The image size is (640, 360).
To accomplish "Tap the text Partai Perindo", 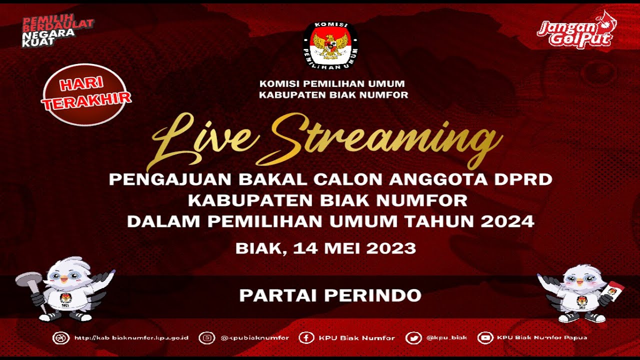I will coord(330,295).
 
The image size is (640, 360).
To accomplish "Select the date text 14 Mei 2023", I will coord(354,248).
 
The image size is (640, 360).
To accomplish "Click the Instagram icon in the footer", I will coord(206,338).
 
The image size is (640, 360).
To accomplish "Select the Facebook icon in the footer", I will coord(306,338).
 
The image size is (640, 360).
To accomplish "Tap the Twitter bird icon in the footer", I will coord(413,338).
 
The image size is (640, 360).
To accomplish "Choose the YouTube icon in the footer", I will coord(485,338).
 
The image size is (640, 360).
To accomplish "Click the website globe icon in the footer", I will coord(60,338).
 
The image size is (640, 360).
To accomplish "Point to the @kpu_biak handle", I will coord(446,338).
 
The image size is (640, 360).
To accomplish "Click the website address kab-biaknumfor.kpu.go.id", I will coord(131,338).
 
